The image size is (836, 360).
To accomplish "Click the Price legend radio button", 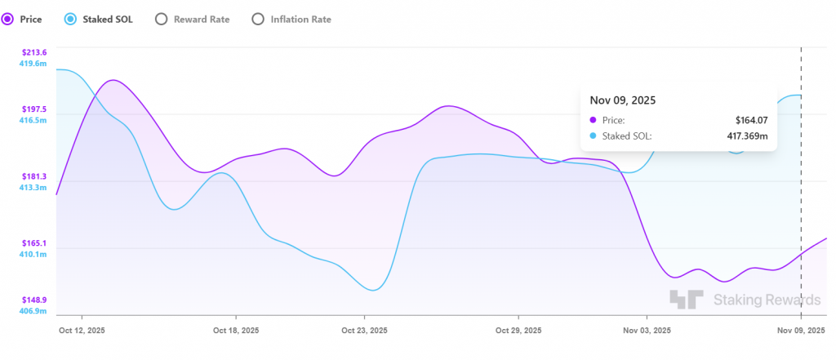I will coord(8,18).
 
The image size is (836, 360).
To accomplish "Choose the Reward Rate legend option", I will coord(161,18).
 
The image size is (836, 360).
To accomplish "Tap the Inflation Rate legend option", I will coord(258,18).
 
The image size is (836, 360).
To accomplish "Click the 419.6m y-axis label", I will coord(33,64).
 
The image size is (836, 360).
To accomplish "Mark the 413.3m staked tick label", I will coord(33,188).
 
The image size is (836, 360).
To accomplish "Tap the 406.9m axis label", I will coord(33,311).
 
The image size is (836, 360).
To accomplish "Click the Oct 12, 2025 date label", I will coord(82,331).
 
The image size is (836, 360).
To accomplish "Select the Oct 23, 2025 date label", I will coord(365,331).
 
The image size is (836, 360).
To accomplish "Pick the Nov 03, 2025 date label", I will coord(647,331).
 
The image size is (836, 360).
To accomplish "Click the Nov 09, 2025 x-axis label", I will coord(800,331).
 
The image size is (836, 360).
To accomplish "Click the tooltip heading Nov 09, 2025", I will coord(623,100).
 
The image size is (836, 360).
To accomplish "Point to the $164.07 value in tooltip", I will coord(751,120).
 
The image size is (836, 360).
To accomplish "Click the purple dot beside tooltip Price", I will coord(594,120).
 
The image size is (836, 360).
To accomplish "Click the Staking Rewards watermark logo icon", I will coord(686,300).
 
